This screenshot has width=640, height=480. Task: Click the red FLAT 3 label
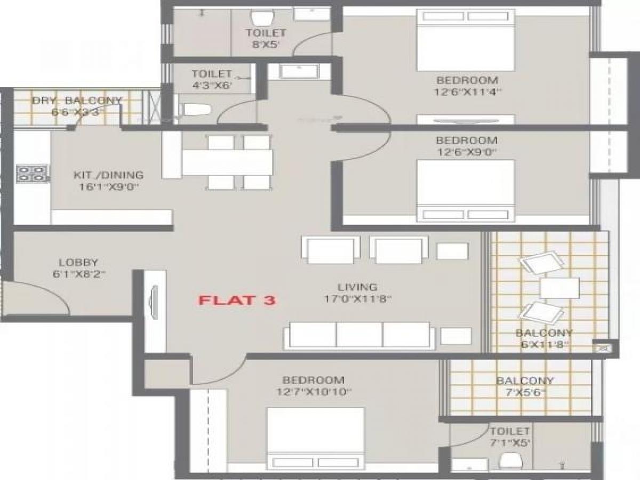237,300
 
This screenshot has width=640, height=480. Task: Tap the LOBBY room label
78,262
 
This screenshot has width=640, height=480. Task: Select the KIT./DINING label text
108,175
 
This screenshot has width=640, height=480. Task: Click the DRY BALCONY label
77,100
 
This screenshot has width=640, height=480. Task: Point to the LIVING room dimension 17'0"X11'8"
357,299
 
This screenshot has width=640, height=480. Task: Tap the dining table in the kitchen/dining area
227,162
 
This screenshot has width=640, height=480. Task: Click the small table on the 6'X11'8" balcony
559,288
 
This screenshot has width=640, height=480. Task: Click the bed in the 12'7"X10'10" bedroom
315,438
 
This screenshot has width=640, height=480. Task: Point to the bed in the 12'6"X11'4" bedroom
466,40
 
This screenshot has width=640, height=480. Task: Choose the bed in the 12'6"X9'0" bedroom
466,190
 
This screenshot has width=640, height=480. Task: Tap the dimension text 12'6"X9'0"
466,152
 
